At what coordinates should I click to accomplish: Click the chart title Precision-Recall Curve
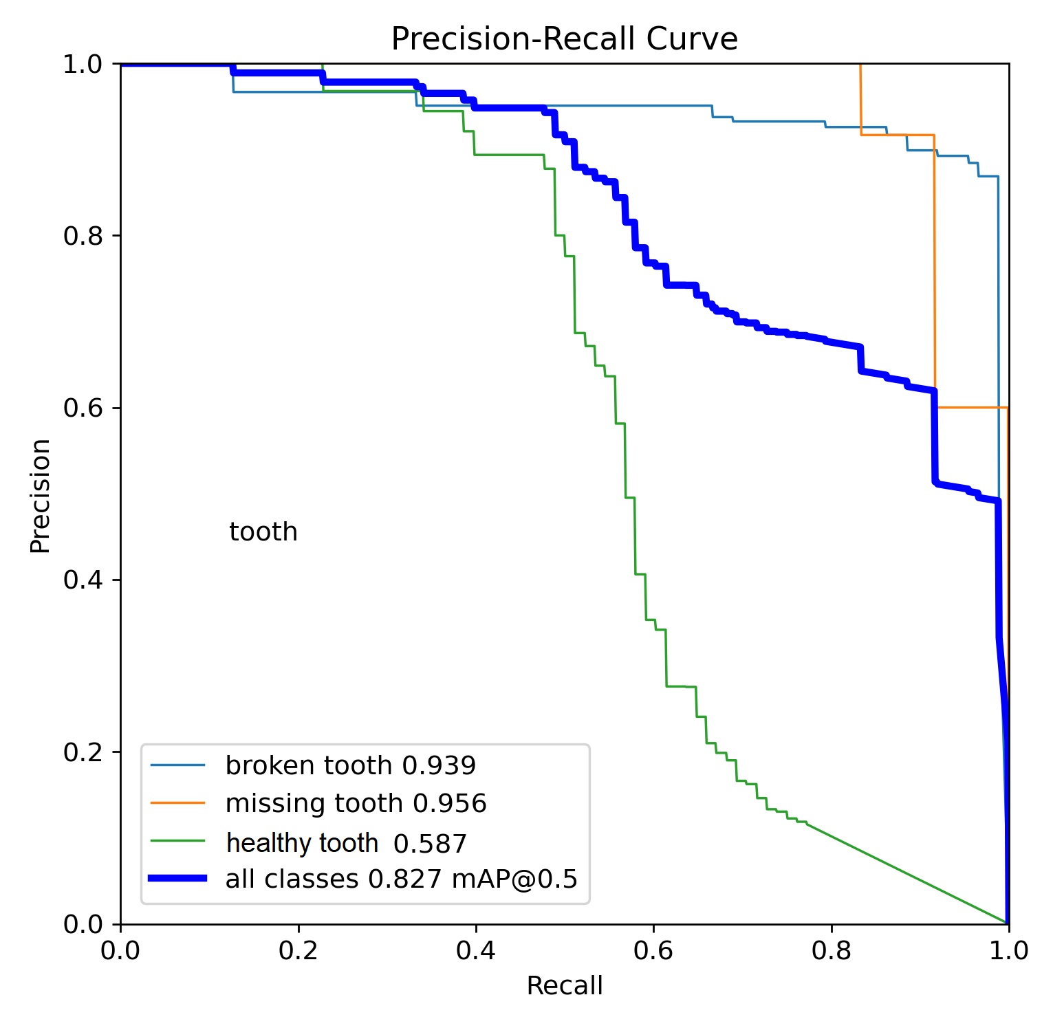[x=564, y=39]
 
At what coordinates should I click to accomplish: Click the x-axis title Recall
[x=564, y=985]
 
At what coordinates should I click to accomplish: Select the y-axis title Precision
[x=41, y=495]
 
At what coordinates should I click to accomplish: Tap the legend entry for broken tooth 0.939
[x=350, y=765]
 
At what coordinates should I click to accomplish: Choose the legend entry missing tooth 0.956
[x=356, y=803]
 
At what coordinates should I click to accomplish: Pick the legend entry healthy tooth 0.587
[x=346, y=843]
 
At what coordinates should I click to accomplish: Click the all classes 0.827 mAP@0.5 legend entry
[x=401, y=879]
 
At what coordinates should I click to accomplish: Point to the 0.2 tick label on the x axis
[x=298, y=951]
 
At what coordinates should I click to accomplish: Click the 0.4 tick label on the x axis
[x=476, y=951]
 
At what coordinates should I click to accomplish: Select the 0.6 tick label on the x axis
[x=653, y=951]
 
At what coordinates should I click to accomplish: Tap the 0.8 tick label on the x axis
[x=831, y=951]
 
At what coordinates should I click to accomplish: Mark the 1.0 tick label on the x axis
[x=1008, y=951]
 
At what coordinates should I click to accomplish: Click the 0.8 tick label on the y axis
[x=83, y=236]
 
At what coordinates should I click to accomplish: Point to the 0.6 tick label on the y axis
[x=83, y=408]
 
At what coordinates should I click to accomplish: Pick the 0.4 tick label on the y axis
[x=83, y=580]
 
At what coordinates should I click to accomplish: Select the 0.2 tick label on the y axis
[x=83, y=752]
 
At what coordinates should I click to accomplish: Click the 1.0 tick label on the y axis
[x=83, y=64]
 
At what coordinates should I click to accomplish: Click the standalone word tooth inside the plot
[x=263, y=532]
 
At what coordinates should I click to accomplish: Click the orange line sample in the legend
[x=177, y=802]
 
